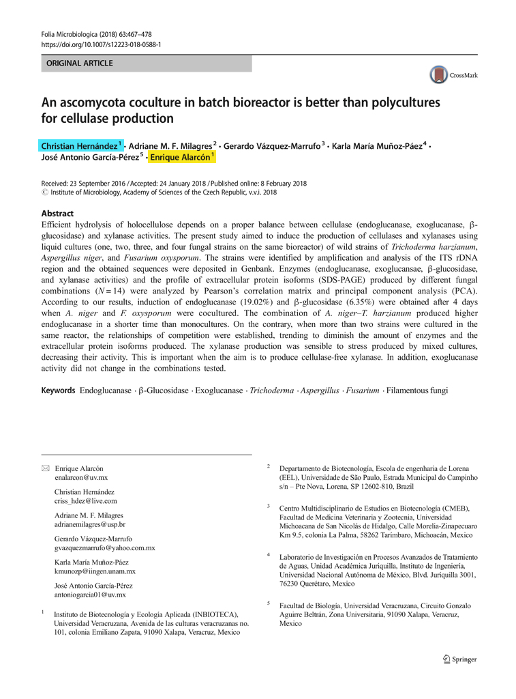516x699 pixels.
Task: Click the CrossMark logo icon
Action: coord(438,74)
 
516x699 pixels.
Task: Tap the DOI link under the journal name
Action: coord(102,44)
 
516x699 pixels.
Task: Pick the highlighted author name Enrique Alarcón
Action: coord(182,157)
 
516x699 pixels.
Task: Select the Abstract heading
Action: coord(57,214)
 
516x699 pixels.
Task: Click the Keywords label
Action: coord(58,390)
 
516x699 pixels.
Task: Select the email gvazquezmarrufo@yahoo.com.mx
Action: coord(105,547)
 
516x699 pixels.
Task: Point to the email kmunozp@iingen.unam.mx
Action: coord(95,571)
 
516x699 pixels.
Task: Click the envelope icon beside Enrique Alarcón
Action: coord(45,468)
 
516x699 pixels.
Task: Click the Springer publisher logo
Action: coord(460,659)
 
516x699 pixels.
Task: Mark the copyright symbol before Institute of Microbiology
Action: coord(45,192)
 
